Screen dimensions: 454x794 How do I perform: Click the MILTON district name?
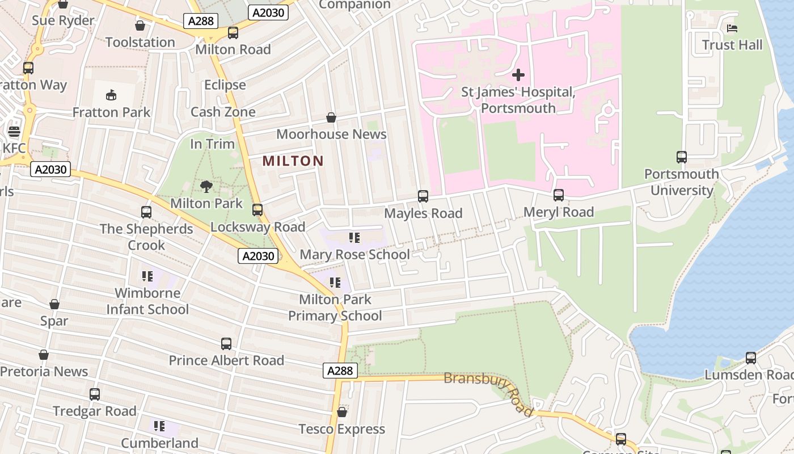coord(293,161)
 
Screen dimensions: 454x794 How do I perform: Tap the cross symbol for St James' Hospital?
coord(518,75)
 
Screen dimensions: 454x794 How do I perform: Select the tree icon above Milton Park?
coord(206,186)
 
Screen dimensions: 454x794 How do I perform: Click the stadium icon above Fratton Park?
coord(111,95)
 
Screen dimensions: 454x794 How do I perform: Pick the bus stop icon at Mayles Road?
coord(423,196)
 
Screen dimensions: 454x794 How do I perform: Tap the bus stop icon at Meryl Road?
coord(559,195)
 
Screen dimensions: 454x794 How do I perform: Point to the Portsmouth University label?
coord(681,182)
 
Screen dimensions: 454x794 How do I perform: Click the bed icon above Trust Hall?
coord(732,28)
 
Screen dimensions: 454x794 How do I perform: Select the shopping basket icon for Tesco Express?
coord(341,412)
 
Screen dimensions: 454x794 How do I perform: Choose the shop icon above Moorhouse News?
coord(331,117)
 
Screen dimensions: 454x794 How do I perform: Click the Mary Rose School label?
coord(354,255)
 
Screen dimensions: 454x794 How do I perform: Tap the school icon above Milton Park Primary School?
coord(335,282)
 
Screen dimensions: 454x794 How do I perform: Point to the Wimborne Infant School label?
coord(147,301)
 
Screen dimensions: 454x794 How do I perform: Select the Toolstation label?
coord(140,43)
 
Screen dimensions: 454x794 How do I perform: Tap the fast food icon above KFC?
coord(14,132)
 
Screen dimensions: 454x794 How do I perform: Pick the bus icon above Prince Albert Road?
coord(226,343)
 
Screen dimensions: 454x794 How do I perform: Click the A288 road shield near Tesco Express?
coord(341,371)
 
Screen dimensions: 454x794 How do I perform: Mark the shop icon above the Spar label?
coord(54,304)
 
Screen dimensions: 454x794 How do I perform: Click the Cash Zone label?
coord(223,112)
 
